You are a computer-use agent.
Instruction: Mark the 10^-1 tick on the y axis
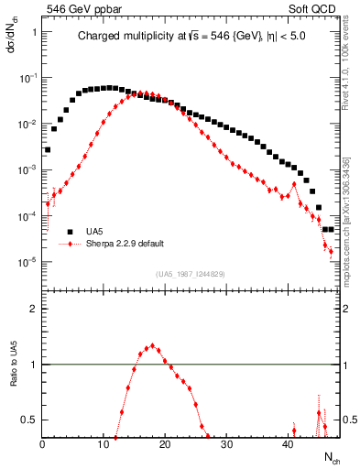coord(28,78)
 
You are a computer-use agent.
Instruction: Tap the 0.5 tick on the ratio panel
coord(29,420)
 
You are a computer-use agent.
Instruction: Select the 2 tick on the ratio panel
coord(33,309)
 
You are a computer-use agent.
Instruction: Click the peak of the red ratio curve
coord(153,345)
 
